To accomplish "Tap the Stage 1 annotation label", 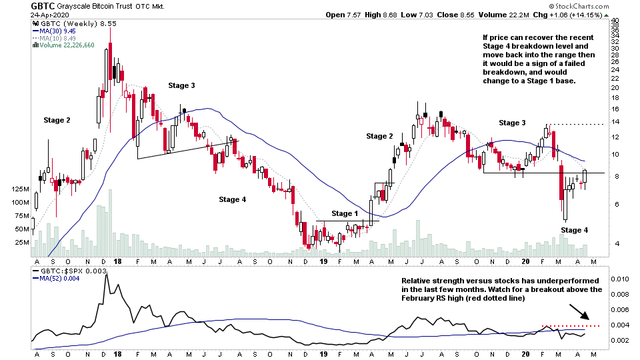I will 345,213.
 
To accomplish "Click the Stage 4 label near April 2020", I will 575,230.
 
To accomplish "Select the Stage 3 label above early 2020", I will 513,123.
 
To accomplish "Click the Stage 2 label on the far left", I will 57,120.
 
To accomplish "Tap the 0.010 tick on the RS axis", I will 621,279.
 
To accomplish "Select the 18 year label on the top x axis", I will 117,262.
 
